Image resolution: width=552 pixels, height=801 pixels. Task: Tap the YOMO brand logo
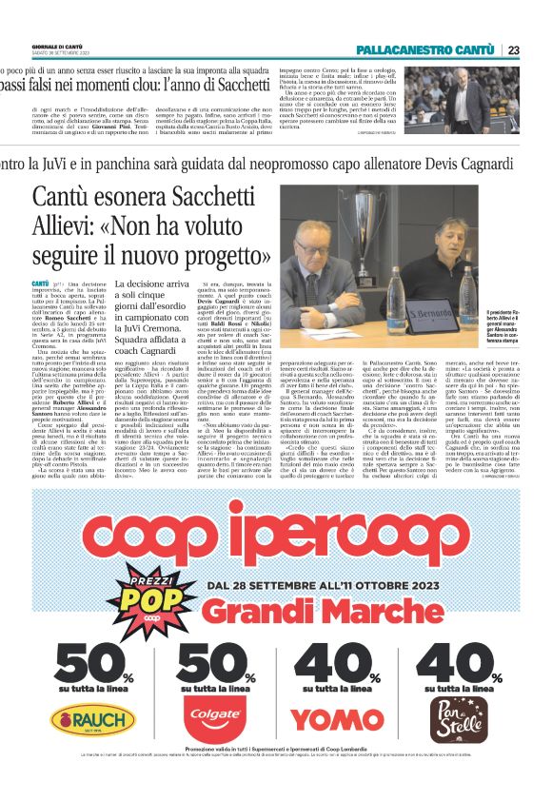337,720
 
